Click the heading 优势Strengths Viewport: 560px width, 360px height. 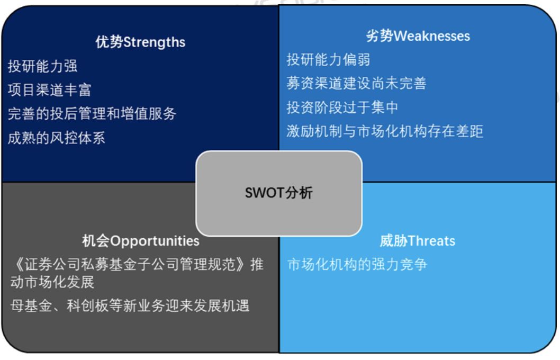pyautogui.click(x=140, y=42)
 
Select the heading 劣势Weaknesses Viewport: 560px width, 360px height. pyautogui.click(x=418, y=36)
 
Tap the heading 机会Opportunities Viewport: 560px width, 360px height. pyautogui.click(x=140, y=241)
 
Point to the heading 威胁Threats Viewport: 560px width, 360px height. pyautogui.click(x=417, y=241)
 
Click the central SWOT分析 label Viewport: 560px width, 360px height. pyautogui.click(x=279, y=193)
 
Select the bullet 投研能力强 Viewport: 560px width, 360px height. pyautogui.click(x=42, y=66)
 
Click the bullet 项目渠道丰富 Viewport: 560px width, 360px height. pyautogui.click(x=49, y=90)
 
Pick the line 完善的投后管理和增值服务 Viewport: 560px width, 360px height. pyautogui.click(x=92, y=113)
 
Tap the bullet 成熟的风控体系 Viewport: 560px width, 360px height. pyautogui.click(x=56, y=138)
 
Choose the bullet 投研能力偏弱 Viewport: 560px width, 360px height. pyautogui.click(x=328, y=59)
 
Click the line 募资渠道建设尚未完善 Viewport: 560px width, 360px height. pyautogui.click(x=356, y=83)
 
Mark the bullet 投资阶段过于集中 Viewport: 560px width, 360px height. pyautogui.click(x=342, y=107)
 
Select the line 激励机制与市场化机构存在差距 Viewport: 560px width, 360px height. pyautogui.click(x=384, y=131)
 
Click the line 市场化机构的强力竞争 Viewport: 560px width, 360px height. pyautogui.click(x=357, y=264)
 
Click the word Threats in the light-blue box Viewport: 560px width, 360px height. pyautogui.click(x=431, y=241)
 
